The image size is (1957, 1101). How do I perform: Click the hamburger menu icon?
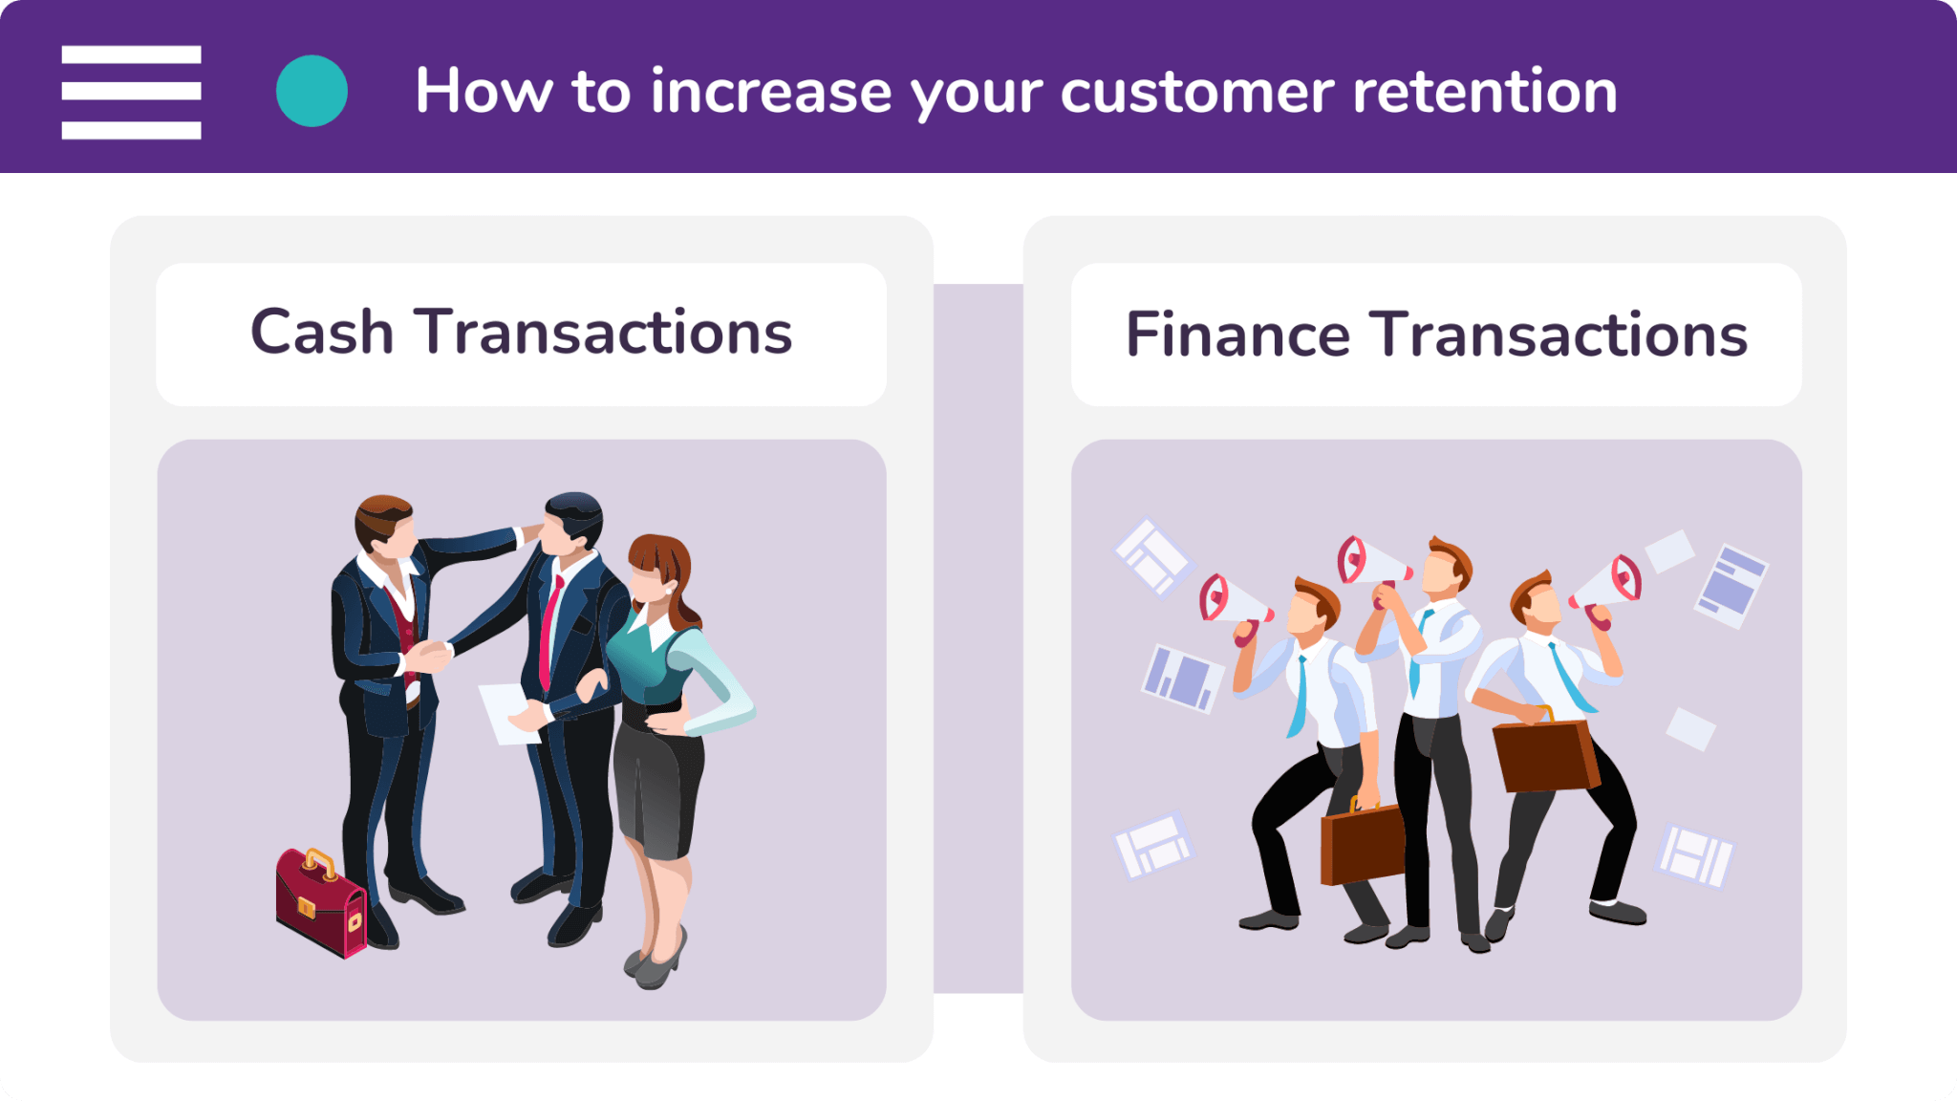tap(131, 92)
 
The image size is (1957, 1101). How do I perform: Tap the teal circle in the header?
tap(312, 91)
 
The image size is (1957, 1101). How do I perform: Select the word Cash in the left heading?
tap(322, 332)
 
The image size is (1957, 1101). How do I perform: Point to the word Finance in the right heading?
tap(1237, 335)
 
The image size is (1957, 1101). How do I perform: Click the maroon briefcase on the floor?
tap(321, 902)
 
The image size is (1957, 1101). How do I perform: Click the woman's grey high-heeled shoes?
tap(656, 959)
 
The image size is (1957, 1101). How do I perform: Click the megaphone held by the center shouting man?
tap(1372, 566)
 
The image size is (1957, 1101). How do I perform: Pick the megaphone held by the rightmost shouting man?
tap(1607, 589)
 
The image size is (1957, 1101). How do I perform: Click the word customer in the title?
tap(1197, 92)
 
